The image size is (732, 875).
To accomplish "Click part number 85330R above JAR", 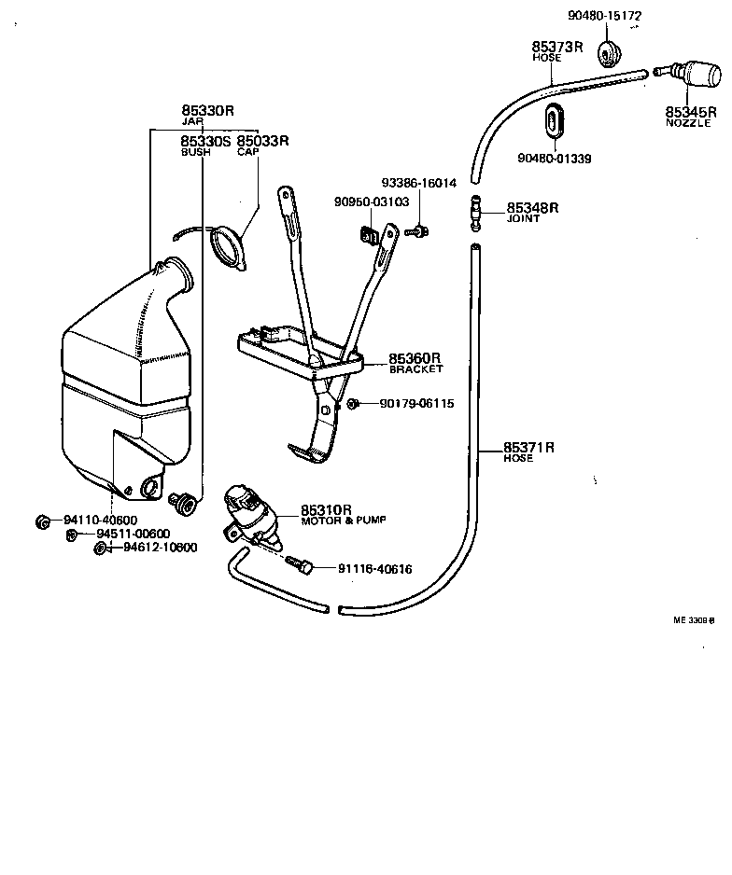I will tap(206, 110).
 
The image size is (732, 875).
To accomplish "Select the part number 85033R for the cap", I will tap(262, 141).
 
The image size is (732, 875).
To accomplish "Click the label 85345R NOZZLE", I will tap(691, 116).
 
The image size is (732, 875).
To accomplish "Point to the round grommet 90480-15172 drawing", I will tap(608, 52).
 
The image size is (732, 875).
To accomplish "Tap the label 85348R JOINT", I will tap(532, 212).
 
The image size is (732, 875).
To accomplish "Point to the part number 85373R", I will tap(558, 46).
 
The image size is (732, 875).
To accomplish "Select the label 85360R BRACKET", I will tap(415, 362).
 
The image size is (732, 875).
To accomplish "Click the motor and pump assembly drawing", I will tap(250, 515).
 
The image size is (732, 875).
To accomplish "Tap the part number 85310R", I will tap(325, 510).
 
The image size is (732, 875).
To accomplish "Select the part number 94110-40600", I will tap(100, 521).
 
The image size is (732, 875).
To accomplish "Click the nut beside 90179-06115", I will tap(354, 404).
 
